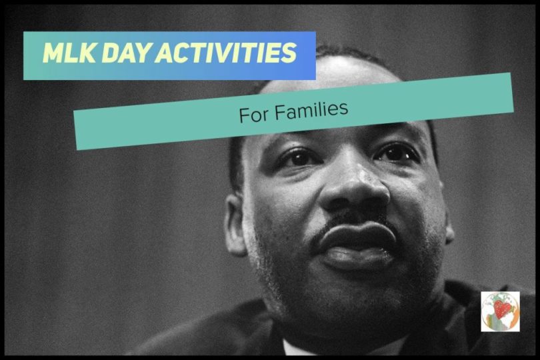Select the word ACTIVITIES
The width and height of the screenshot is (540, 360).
226,54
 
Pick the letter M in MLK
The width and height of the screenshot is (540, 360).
52,54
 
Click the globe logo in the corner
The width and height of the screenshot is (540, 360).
500,311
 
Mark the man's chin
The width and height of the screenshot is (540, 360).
360,293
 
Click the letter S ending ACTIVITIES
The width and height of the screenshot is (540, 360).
289,54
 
